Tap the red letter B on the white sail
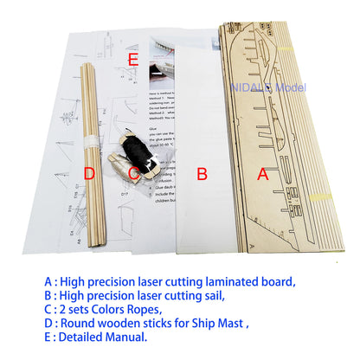(x=202, y=174)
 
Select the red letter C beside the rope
(x=133, y=174)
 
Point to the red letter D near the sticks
(x=88, y=174)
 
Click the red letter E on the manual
(x=132, y=60)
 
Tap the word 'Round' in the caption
(x=78, y=325)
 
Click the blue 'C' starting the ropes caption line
(x=47, y=311)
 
